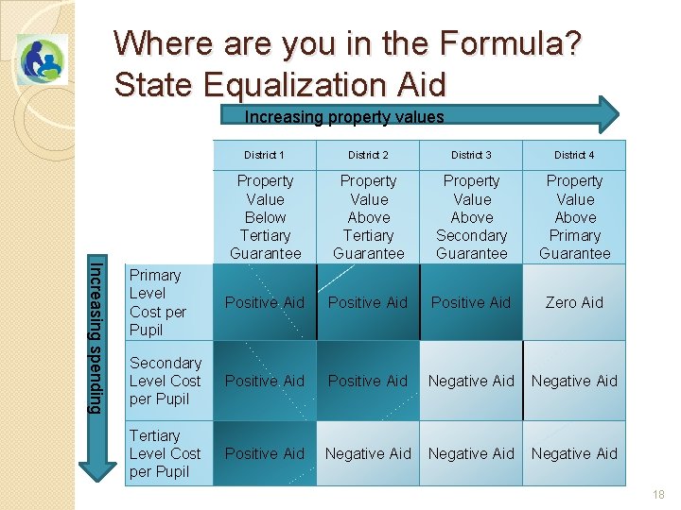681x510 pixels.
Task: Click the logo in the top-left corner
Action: pyautogui.click(x=42, y=59)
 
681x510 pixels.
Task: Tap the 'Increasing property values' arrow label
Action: pyautogui.click(x=344, y=117)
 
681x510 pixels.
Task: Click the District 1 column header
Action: pyautogui.click(x=264, y=155)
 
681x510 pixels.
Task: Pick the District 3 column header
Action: pyautogui.click(x=471, y=155)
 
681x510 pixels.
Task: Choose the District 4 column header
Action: pyautogui.click(x=574, y=155)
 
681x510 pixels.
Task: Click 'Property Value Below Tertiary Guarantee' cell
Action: pyautogui.click(x=265, y=217)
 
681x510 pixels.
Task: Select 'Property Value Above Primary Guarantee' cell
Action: pyautogui.click(x=574, y=217)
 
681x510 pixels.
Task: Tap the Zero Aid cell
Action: pyautogui.click(x=574, y=302)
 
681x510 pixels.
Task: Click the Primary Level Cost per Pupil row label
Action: pyautogui.click(x=158, y=302)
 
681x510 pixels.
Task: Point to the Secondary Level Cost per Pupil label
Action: pyautogui.click(x=166, y=381)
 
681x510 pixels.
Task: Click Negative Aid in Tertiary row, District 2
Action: pyautogui.click(x=368, y=453)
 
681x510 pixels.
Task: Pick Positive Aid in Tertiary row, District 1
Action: pyautogui.click(x=265, y=453)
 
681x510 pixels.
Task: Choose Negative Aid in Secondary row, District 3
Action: pyautogui.click(x=471, y=381)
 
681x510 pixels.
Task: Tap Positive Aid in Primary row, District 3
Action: pyautogui.click(x=471, y=302)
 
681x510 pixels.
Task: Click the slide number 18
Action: pyautogui.click(x=658, y=495)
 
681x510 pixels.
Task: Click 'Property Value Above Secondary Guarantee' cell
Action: pyautogui.click(x=471, y=217)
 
